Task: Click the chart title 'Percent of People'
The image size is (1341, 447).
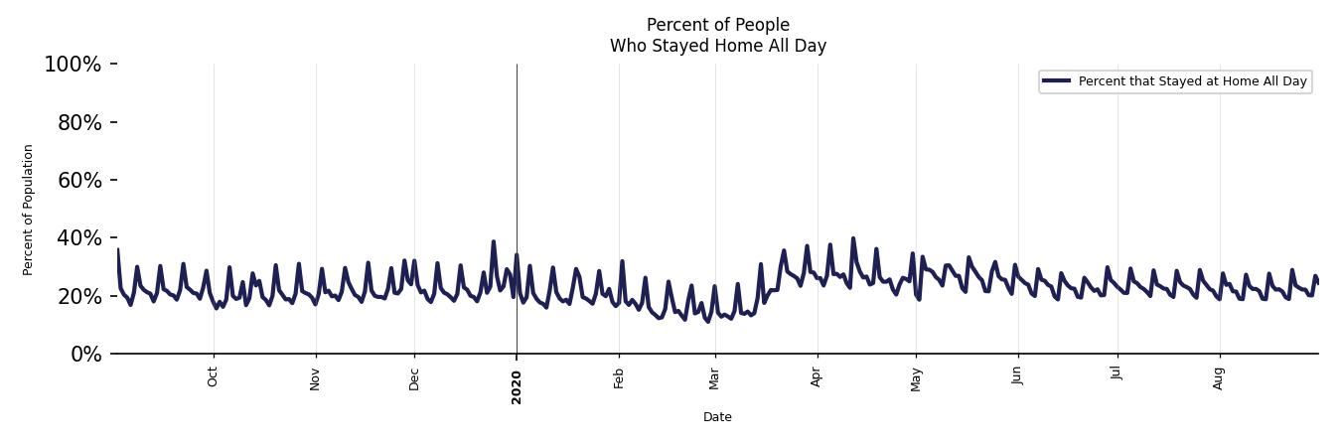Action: click(717, 25)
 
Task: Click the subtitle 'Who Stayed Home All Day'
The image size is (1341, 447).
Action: click(717, 46)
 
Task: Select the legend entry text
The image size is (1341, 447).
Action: click(1192, 81)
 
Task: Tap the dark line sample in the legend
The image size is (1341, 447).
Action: click(1057, 81)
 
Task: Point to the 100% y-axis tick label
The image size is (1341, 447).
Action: click(73, 65)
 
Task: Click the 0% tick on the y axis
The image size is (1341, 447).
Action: click(85, 355)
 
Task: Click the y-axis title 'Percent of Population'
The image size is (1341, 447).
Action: click(29, 210)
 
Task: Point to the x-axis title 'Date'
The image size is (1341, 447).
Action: click(717, 417)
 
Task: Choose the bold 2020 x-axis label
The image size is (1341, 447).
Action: click(517, 386)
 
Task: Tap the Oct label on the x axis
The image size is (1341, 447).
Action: click(213, 377)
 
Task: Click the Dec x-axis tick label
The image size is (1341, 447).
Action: click(414, 378)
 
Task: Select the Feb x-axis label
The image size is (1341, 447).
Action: click(619, 378)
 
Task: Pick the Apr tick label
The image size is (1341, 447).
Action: click(818, 377)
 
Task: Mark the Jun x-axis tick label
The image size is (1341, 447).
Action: click(1017, 377)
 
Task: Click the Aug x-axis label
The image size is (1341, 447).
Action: click(1220, 378)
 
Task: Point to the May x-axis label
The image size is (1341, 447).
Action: click(916, 379)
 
